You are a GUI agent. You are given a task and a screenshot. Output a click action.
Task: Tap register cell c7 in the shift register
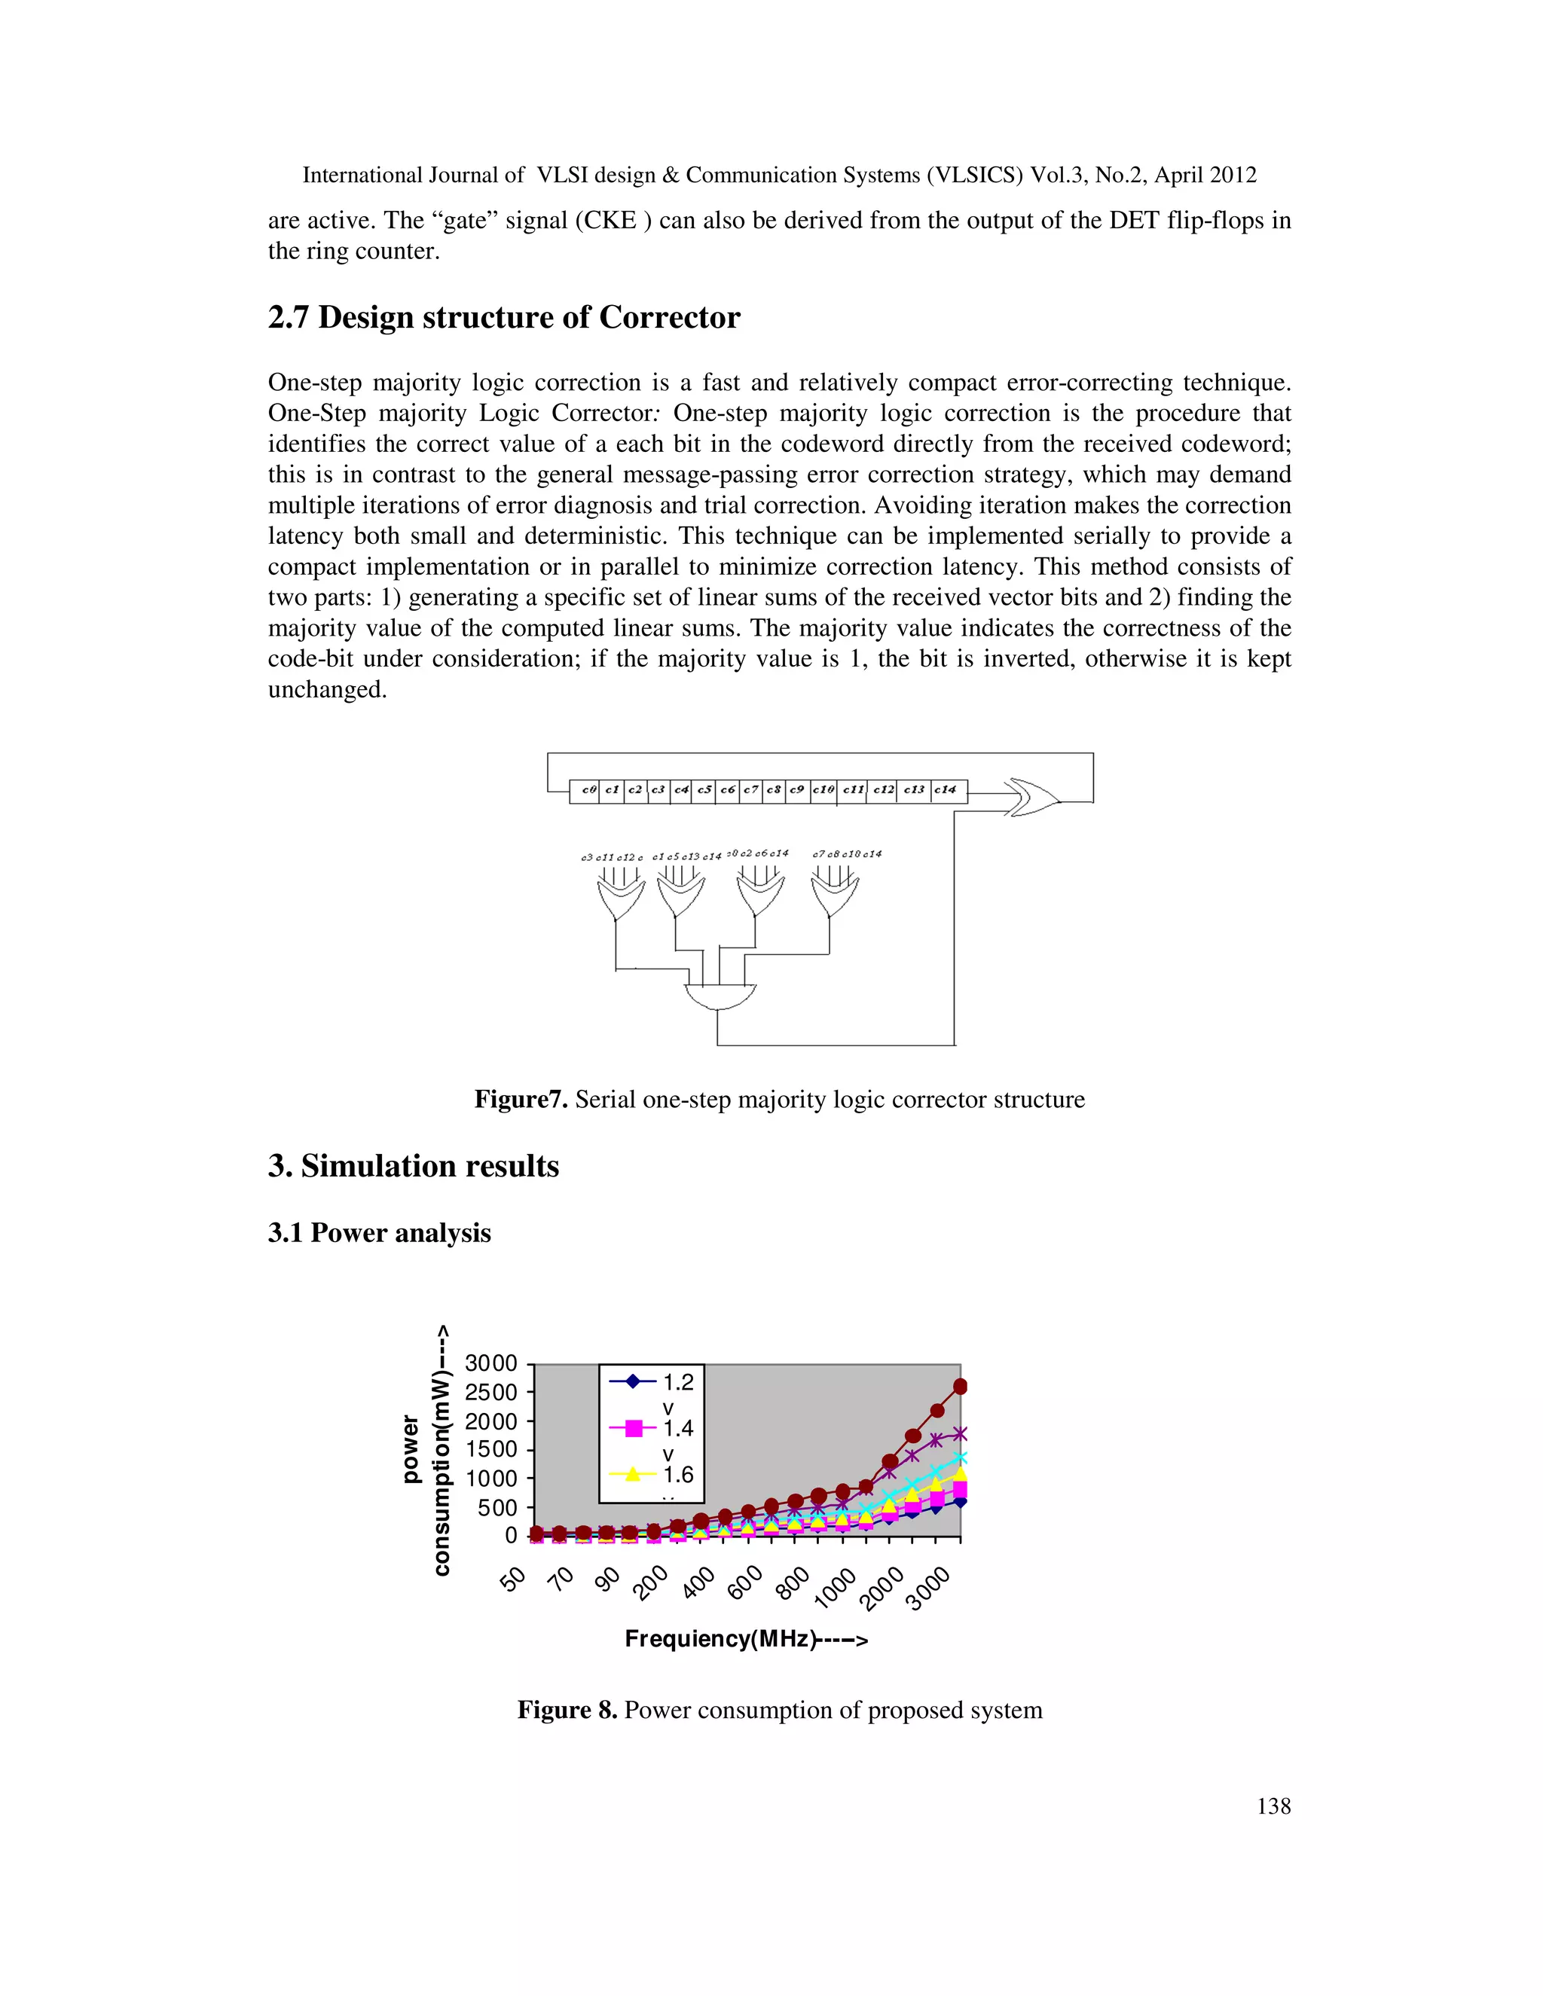(750, 789)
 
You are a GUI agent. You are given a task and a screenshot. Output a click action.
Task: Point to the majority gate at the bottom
(720, 996)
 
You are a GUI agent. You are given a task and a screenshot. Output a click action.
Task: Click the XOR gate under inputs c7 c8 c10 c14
(833, 896)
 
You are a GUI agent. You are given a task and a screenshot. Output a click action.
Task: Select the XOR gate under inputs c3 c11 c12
(618, 899)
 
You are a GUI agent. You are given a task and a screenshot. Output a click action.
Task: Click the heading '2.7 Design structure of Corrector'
(504, 317)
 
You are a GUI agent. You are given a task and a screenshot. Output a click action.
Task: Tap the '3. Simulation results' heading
(413, 1166)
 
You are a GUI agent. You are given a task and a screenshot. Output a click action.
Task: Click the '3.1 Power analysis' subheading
(380, 1233)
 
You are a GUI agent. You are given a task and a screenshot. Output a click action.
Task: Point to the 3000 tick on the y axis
(492, 1363)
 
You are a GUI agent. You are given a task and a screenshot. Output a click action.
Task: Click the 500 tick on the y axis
(497, 1508)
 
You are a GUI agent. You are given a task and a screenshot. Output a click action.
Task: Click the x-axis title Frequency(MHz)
(746, 1639)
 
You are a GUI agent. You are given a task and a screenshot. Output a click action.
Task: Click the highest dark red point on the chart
(960, 1387)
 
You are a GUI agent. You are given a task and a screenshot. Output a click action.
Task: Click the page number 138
(1273, 1806)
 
